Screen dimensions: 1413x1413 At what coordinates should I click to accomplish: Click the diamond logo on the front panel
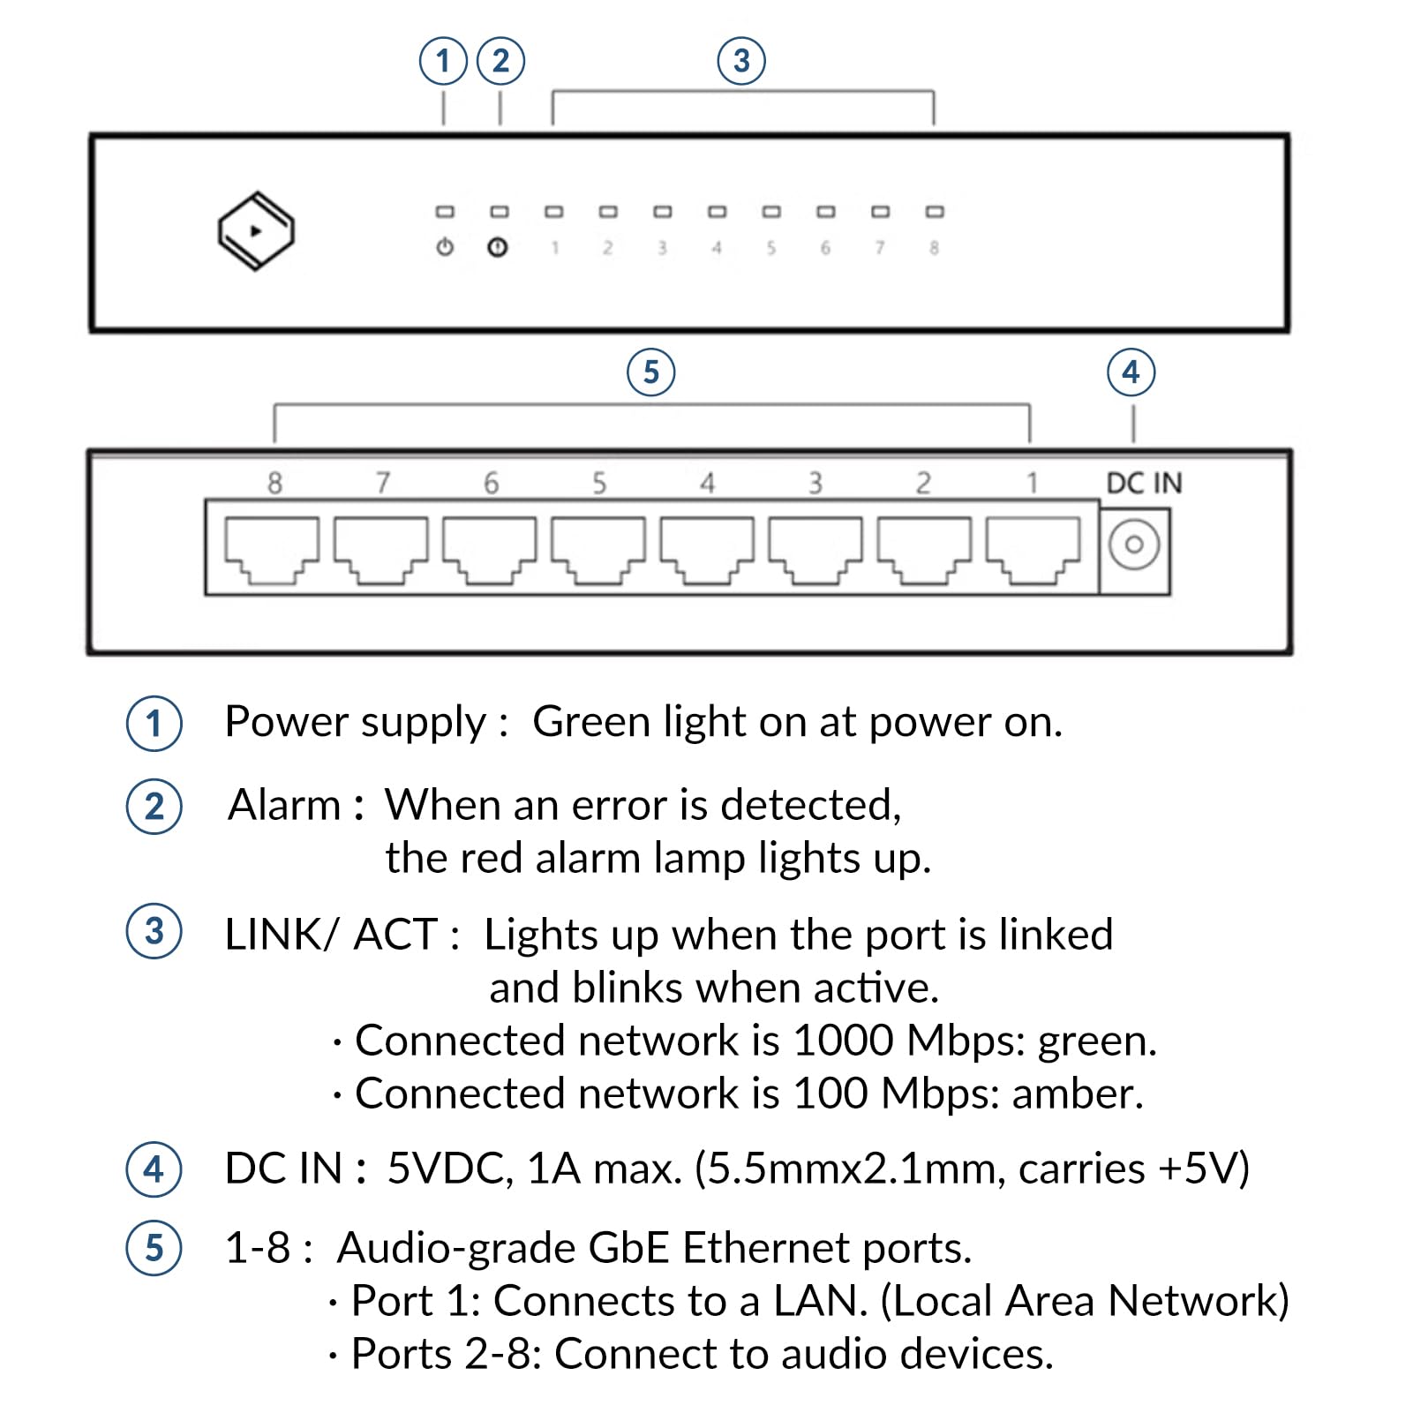256,231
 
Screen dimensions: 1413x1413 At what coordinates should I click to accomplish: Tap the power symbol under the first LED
445,247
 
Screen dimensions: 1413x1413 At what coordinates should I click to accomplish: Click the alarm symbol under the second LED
498,247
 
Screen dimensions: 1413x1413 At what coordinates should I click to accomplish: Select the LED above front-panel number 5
771,212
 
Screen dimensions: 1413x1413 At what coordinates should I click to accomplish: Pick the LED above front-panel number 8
935,212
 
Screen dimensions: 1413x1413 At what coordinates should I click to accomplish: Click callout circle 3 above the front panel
741,61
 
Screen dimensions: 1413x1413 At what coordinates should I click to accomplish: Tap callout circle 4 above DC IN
1131,372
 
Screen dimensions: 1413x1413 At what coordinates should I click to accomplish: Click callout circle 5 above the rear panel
651,372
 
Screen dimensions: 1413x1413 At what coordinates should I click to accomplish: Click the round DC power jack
1134,545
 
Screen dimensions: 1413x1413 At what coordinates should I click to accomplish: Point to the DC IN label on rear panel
1144,484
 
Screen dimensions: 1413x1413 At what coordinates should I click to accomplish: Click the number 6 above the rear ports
491,484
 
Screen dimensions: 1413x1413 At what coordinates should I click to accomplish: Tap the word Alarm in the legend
284,805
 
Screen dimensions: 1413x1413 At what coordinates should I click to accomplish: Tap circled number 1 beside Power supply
154,724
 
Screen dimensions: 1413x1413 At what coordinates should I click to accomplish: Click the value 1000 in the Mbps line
843,1041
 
